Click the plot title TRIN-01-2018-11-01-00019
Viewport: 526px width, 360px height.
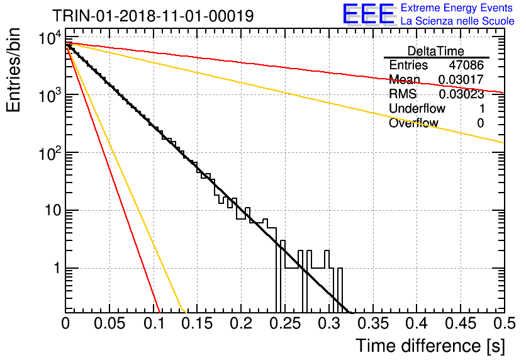coord(153,16)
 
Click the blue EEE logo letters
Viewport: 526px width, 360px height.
coord(368,14)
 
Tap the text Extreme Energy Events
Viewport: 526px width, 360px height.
coord(457,8)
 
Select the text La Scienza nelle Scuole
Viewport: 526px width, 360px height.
coord(457,21)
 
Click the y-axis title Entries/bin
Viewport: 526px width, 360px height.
coord(13,70)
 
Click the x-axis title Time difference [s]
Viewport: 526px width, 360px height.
coord(430,346)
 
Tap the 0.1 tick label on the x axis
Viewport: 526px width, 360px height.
coord(157,323)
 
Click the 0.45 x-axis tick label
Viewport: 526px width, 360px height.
coord(461,323)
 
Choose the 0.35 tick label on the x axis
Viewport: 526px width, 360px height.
coord(373,323)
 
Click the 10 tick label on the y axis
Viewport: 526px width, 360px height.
coord(53,211)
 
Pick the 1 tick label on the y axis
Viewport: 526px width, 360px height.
coord(57,268)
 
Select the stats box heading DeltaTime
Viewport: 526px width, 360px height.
coord(436,51)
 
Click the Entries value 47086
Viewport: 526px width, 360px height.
coord(466,65)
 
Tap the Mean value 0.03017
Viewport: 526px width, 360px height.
coord(461,79)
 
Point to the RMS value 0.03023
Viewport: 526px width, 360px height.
coord(461,94)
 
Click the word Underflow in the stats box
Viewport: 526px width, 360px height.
coord(417,108)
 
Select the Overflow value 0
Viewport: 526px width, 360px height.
coord(480,123)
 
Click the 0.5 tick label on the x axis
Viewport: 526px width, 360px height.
coord(505,323)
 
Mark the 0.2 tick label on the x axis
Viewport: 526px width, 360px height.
coord(242,323)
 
